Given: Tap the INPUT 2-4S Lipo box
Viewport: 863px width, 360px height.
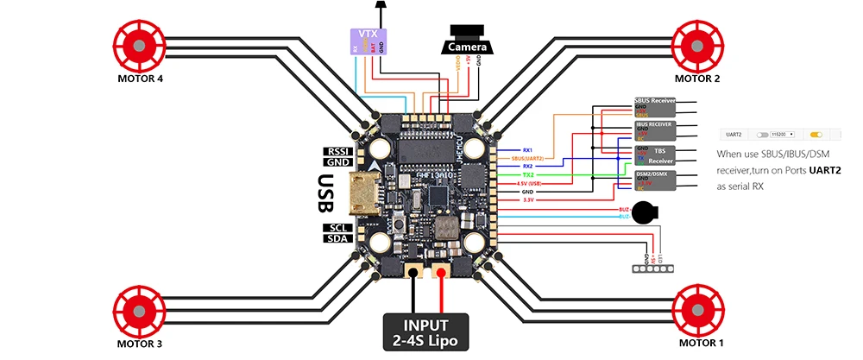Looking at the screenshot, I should click(426, 332).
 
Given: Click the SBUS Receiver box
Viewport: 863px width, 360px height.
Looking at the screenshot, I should click(654, 107).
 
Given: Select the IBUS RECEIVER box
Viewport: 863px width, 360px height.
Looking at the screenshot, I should click(654, 131).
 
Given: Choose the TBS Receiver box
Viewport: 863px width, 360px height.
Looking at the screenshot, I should click(654, 155).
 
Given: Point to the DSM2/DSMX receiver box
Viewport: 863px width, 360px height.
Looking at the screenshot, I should click(654, 180).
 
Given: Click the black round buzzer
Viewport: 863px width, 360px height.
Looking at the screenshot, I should click(644, 212).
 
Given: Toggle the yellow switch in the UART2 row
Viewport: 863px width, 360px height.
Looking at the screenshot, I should click(814, 136).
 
